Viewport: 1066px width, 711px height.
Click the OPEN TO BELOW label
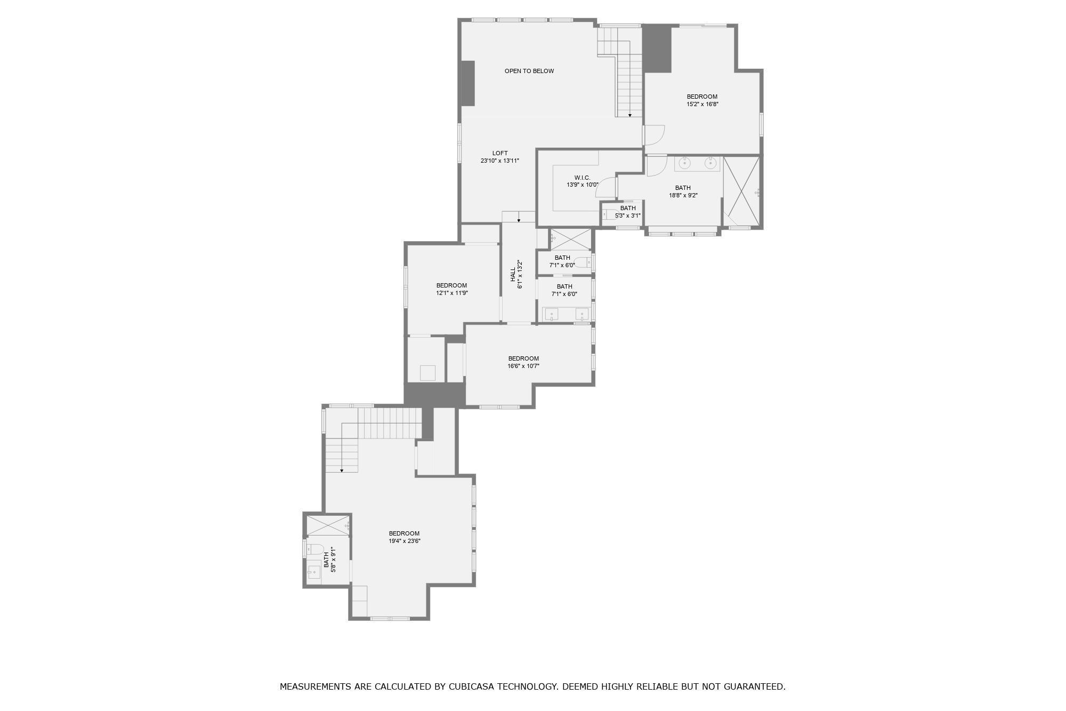529,71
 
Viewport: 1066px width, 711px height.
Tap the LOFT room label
500,153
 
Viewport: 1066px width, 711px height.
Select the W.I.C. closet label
582,178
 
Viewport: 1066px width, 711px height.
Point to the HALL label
513,274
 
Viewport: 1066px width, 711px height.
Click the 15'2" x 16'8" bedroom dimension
702,105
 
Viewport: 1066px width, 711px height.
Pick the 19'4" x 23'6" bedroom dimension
404,541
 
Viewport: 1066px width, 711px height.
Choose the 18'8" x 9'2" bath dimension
683,195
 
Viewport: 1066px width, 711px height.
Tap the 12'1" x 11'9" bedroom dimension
451,293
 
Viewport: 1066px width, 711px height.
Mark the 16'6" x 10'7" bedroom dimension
523,366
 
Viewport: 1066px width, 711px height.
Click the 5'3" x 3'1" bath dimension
627,215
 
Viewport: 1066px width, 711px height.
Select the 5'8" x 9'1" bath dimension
334,559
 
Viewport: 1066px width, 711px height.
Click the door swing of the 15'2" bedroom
655,134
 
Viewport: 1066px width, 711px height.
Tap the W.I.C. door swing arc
605,187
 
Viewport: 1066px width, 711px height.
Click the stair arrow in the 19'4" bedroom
342,470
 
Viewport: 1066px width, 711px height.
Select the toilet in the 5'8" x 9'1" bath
316,548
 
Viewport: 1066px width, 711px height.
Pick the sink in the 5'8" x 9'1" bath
313,572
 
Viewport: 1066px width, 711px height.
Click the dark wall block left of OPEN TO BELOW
467,83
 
